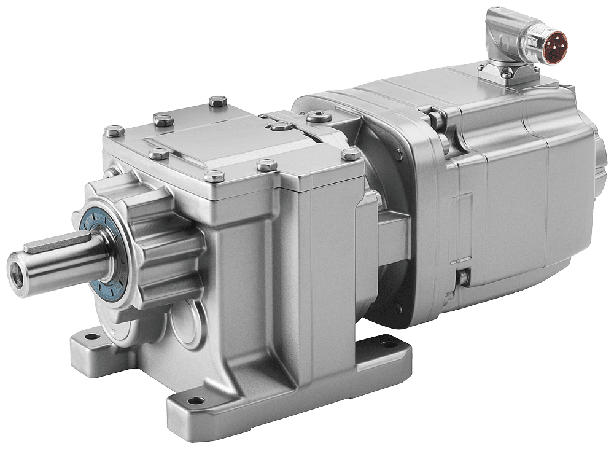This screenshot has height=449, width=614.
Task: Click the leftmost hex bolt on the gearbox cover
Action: [x=113, y=131]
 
